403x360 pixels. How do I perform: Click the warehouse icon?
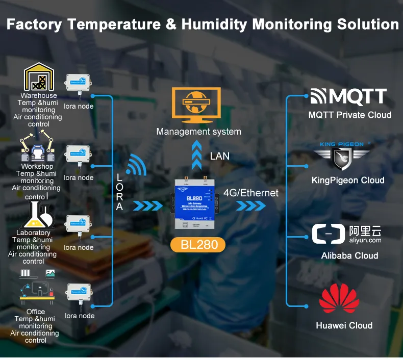pos(39,77)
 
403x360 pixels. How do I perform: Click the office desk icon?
pos(37,288)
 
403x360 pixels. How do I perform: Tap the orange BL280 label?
pos(199,245)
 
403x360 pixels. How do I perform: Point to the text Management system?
pos(199,132)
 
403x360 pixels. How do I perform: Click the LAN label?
pos(220,156)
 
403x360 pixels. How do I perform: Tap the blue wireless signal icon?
pos(135,164)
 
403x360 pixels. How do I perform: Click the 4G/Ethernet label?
pos(251,193)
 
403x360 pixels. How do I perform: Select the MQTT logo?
pos(349,96)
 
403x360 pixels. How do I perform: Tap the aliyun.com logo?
pos(347,234)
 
